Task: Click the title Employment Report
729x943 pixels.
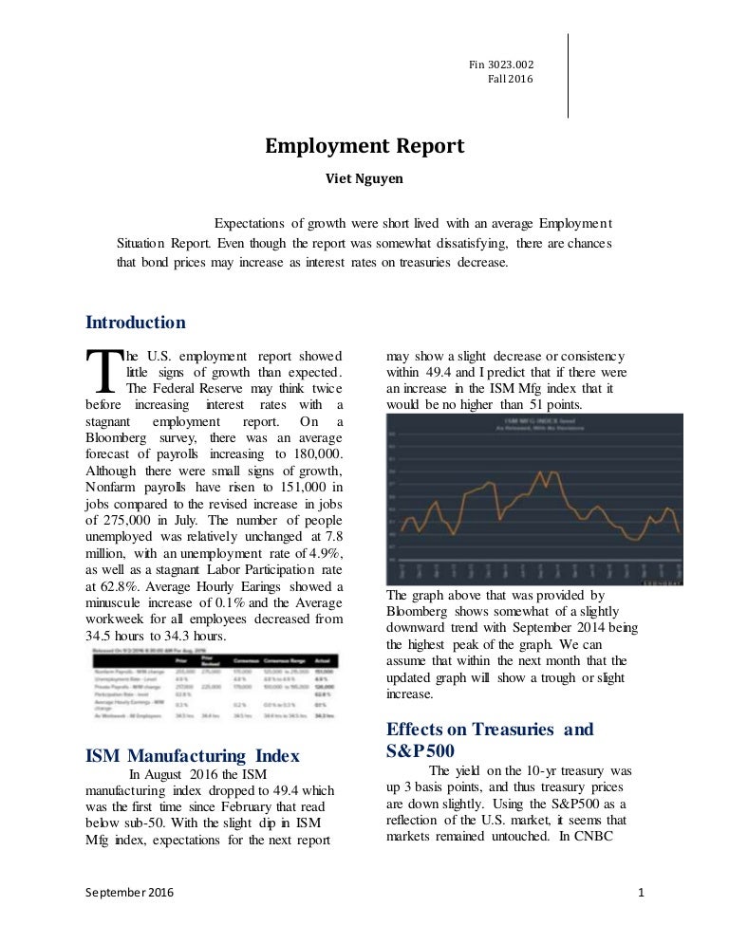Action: tap(364, 146)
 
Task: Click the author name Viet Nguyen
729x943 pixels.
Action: tap(364, 176)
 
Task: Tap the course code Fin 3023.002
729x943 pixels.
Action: tap(501, 63)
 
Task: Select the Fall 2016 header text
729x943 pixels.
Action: tap(512, 79)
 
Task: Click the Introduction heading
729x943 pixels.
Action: tap(135, 323)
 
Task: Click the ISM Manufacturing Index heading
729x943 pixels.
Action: tap(193, 755)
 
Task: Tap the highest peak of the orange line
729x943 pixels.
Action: tap(540, 471)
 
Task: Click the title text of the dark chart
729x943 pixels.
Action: tap(533, 422)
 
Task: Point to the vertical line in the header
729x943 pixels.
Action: tap(568, 76)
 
